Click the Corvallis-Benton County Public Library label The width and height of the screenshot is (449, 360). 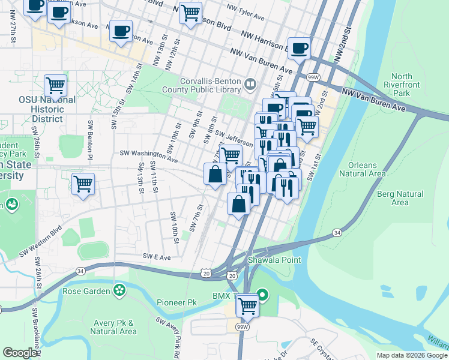point(210,86)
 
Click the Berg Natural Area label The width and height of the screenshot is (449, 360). point(400,198)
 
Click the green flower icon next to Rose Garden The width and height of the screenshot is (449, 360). point(120,291)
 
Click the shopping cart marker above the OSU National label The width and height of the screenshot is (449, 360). point(55,86)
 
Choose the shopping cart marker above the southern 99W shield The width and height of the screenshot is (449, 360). point(247,306)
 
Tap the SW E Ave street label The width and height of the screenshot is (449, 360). point(157,256)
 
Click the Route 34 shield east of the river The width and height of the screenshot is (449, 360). point(337,232)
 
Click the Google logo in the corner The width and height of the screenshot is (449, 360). point(20,353)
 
